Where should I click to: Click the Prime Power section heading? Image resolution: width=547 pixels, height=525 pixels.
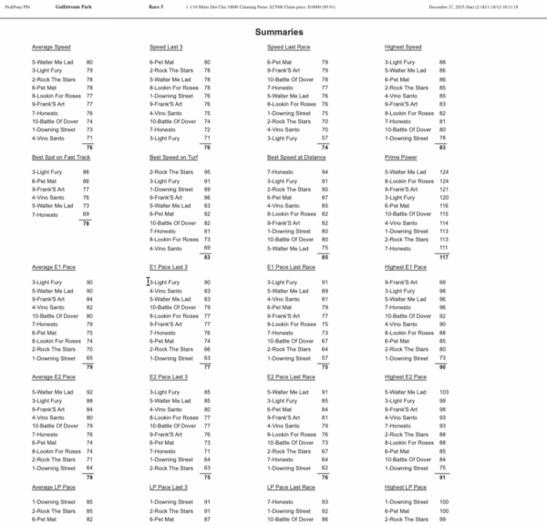[x=400, y=157]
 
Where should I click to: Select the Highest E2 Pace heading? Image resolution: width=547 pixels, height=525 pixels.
[x=406, y=376]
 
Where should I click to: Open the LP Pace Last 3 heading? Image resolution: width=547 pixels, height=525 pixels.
[x=170, y=487]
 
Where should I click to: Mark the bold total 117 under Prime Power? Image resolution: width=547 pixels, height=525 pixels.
[x=444, y=257]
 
